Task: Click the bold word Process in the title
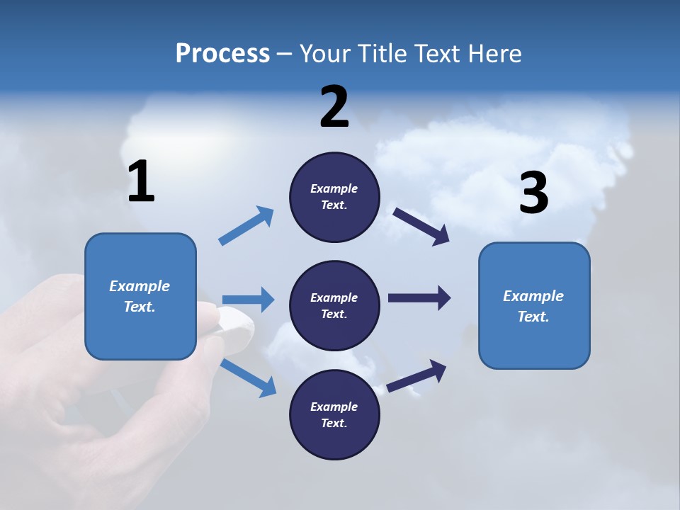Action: tap(222, 54)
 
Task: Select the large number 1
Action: tap(141, 182)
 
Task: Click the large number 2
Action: tap(334, 107)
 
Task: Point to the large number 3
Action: tap(533, 193)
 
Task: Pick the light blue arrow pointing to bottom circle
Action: tap(249, 377)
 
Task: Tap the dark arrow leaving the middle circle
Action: tap(419, 297)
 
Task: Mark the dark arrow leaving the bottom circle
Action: tap(417, 375)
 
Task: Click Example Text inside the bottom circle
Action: tap(334, 414)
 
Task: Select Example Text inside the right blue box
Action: tap(533, 306)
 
